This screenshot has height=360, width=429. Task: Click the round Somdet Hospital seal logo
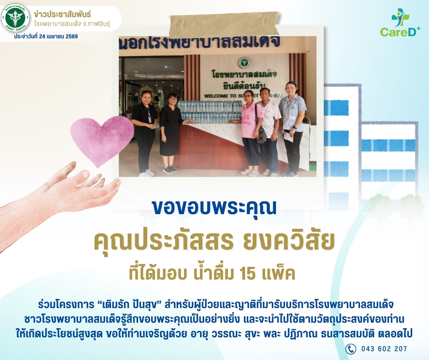15,18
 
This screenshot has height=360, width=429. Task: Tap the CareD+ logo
400,22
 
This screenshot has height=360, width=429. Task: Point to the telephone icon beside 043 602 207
351,349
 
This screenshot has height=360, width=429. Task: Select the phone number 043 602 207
384,349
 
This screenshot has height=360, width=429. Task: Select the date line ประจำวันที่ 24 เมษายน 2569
46,37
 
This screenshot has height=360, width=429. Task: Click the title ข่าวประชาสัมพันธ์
62,14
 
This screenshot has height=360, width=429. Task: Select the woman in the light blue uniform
292,129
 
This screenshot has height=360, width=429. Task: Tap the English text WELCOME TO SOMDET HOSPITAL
244,96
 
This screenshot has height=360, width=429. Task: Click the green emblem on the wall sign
244,63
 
